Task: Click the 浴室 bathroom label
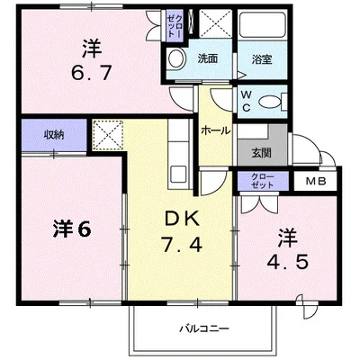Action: click(x=261, y=59)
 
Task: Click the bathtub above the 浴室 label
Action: click(x=261, y=29)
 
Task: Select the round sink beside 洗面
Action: click(x=176, y=60)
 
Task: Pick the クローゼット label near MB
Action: click(x=263, y=181)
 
